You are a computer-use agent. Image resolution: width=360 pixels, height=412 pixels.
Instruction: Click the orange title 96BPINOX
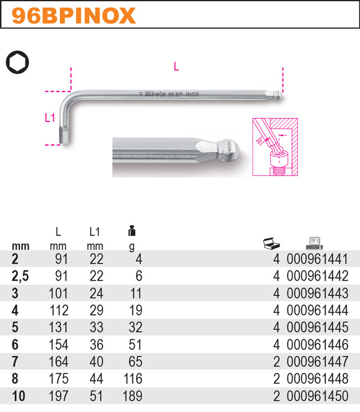(74, 16)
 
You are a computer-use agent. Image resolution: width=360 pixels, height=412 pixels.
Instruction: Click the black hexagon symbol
(18, 62)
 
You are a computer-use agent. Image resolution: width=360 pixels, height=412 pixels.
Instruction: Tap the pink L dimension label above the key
(176, 67)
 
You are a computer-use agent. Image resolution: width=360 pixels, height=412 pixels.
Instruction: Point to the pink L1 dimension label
(50, 118)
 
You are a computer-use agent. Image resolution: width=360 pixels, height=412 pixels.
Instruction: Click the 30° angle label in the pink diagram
(259, 140)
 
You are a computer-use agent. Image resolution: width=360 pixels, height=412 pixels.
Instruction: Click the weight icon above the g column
(132, 231)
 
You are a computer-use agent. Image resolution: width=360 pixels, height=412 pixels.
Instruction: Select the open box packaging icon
(271, 243)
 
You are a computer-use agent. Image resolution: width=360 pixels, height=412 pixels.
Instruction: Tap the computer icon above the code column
(315, 243)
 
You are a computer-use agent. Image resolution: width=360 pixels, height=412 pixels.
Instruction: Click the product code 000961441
(317, 259)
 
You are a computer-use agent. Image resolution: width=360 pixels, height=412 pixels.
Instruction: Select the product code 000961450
(317, 396)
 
